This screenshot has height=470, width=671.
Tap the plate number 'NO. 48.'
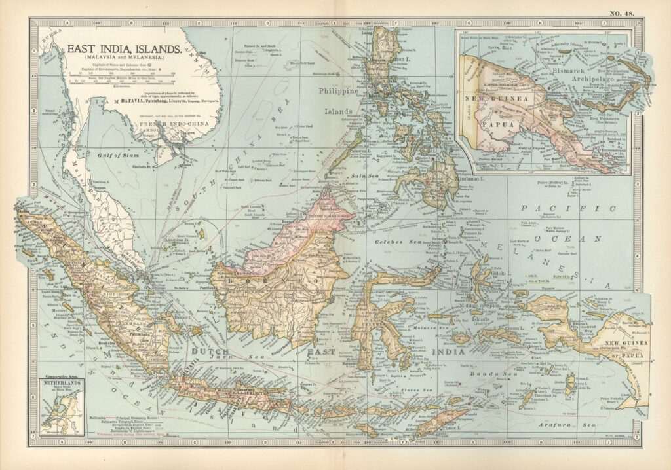[625, 13]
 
